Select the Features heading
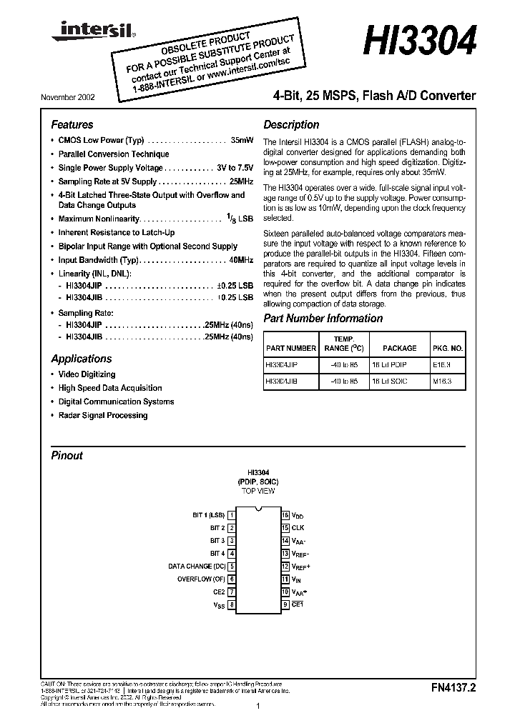[x=72, y=124]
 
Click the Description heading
[x=291, y=124]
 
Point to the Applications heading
[x=81, y=359]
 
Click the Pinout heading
[x=67, y=455]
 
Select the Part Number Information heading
[x=323, y=319]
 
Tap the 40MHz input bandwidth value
[x=239, y=260]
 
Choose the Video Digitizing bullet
[x=86, y=374]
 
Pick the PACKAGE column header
[x=399, y=348]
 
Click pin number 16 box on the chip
[x=285, y=515]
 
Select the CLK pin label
[x=298, y=528]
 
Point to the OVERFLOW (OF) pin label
[x=201, y=579]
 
